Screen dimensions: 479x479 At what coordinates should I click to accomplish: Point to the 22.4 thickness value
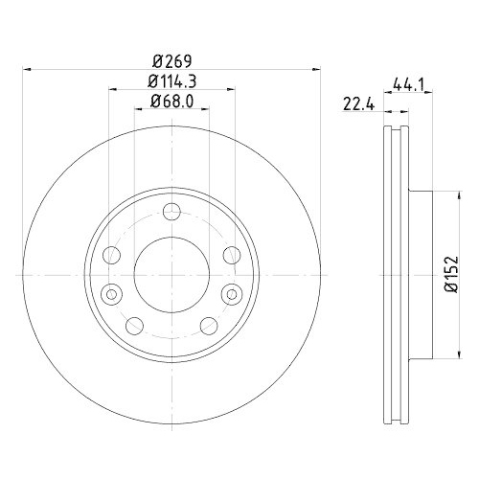(x=357, y=104)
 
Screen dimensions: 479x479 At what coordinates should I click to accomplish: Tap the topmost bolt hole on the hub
(x=171, y=213)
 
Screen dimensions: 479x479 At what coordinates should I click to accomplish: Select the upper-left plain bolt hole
(x=112, y=255)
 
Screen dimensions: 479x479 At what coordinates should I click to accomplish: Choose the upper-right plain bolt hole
(x=231, y=255)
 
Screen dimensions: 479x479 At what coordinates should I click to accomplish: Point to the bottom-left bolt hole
(x=136, y=323)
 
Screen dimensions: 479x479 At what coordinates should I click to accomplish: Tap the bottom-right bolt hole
(x=207, y=323)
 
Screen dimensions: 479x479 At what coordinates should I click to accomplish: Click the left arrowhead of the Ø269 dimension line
(x=27, y=68)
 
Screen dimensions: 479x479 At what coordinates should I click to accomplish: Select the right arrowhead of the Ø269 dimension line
(x=315, y=68)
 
